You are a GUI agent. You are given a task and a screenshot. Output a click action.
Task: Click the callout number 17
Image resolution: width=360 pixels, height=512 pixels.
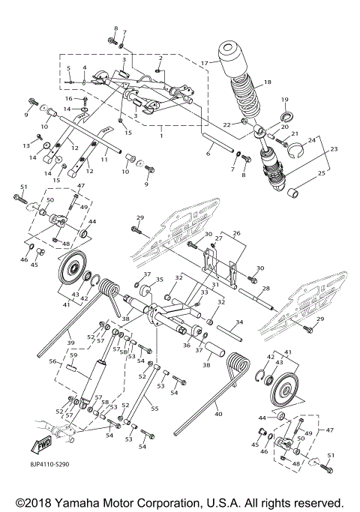coord(204,64)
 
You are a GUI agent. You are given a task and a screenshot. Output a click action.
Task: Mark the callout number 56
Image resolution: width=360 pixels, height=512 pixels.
coord(53,361)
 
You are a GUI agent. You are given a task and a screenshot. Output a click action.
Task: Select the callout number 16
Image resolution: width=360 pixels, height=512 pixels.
coord(67,98)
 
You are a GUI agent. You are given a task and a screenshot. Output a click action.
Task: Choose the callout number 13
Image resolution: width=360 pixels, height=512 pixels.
coord(25,145)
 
